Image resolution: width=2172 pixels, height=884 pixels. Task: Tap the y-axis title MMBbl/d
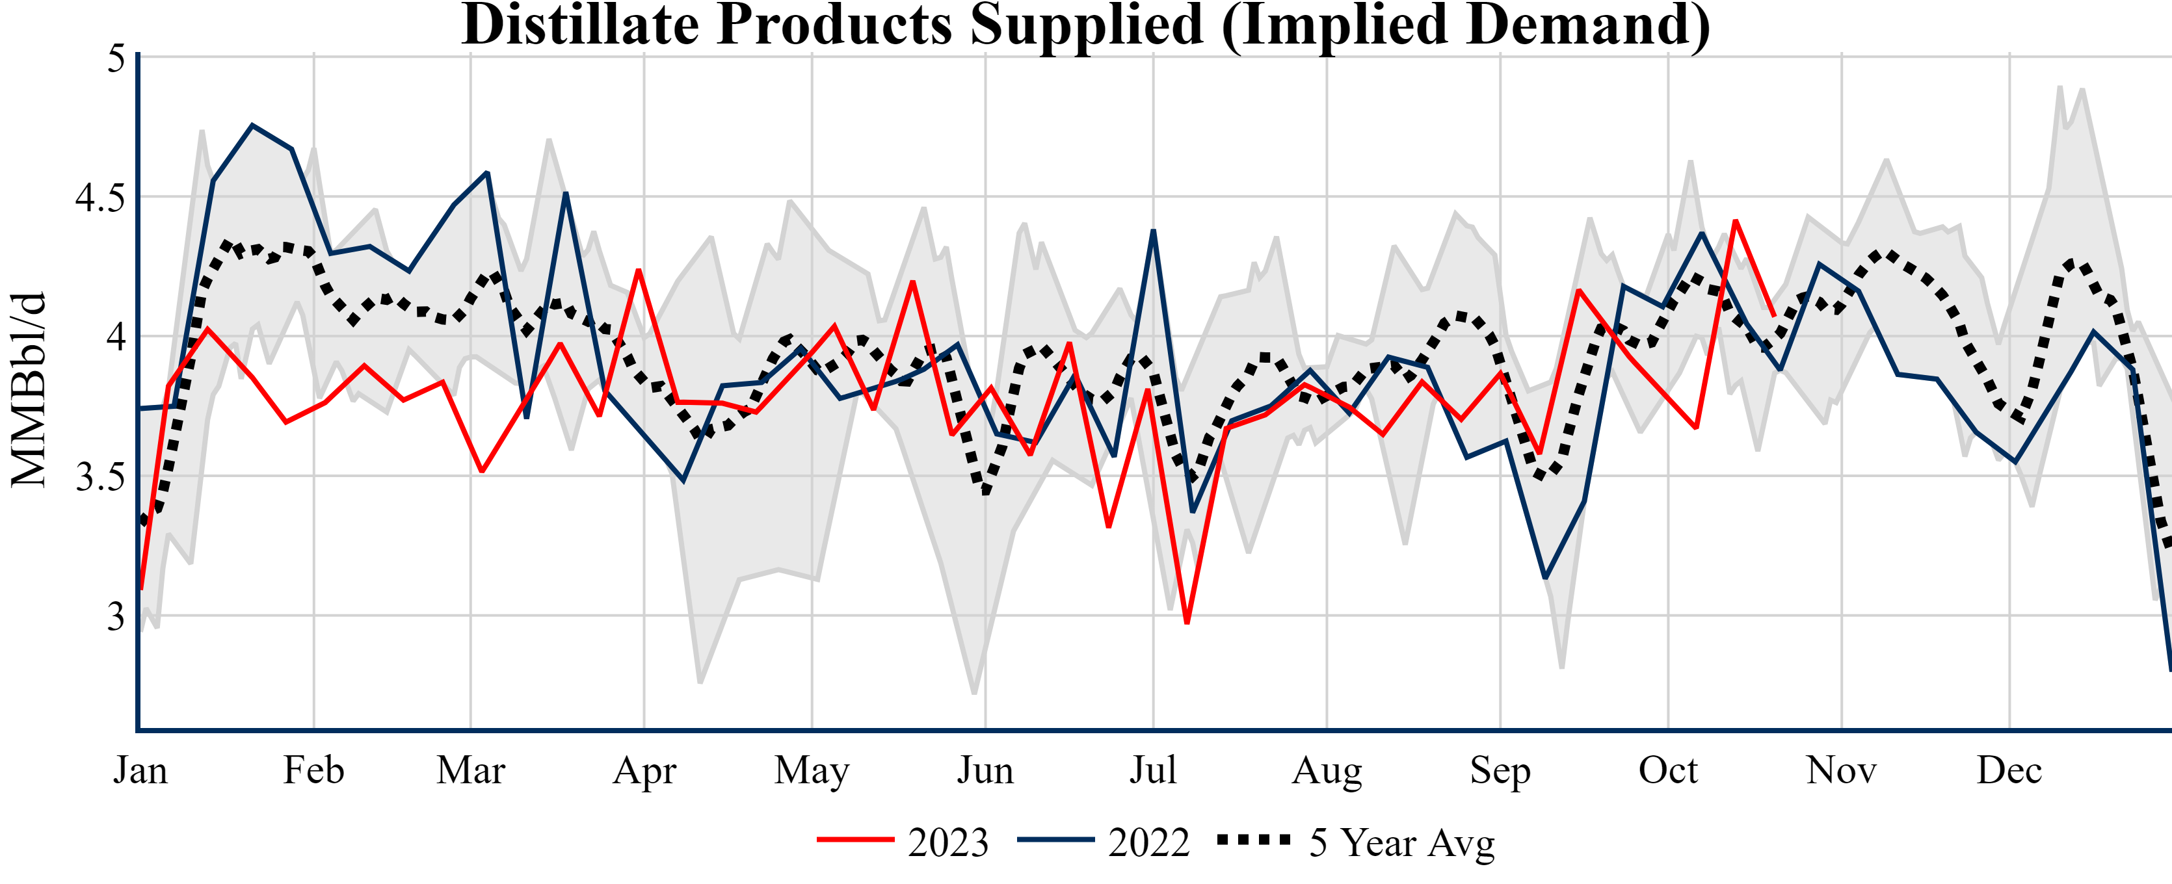click(28, 389)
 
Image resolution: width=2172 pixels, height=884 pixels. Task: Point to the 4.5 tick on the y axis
click(99, 198)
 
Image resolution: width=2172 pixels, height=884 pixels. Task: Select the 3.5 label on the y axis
click(99, 478)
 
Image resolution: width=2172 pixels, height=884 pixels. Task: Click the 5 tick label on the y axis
click(116, 59)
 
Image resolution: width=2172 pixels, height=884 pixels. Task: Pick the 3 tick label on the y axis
click(116, 617)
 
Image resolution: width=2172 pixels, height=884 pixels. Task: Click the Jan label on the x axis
click(140, 770)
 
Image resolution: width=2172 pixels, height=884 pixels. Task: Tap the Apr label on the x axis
click(644, 770)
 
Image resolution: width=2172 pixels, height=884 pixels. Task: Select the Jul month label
click(1152, 770)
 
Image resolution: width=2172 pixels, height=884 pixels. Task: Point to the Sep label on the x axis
click(1500, 770)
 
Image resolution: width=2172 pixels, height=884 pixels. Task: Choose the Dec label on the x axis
click(2009, 770)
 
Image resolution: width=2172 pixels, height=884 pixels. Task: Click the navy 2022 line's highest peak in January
click(252, 125)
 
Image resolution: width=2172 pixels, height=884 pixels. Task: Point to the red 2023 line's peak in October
click(1734, 221)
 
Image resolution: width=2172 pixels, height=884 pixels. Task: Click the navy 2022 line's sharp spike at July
click(1152, 231)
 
